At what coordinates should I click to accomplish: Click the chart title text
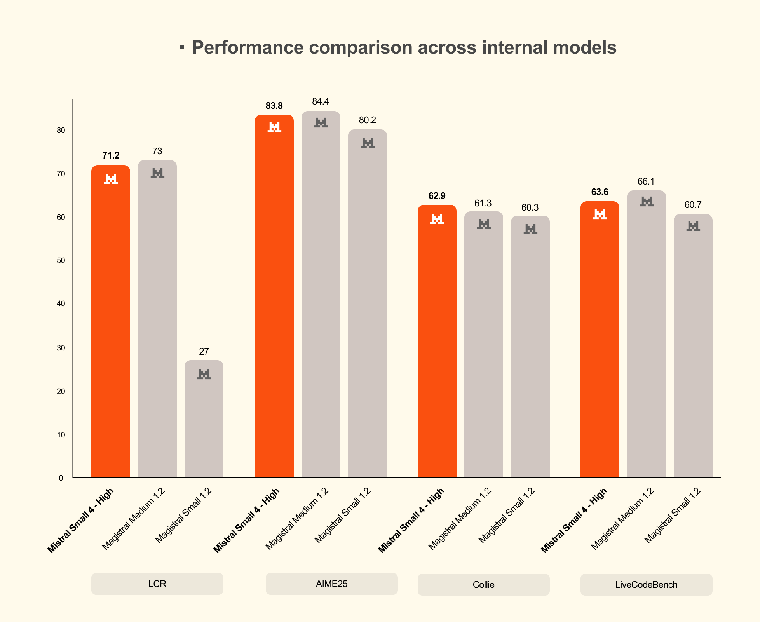pos(404,48)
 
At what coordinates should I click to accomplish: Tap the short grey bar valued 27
pos(204,423)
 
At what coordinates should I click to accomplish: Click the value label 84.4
pos(321,102)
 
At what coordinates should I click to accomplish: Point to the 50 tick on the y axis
pos(61,261)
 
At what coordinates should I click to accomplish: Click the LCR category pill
pos(157,584)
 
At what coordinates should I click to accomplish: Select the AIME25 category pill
pos(331,584)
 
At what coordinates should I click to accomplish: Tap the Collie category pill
pos(483,585)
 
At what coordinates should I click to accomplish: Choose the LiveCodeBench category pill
pos(646,585)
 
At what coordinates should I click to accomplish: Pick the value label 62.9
pos(437,196)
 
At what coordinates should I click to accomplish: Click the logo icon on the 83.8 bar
pos(274,127)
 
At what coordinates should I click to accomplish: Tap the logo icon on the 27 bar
pos(204,375)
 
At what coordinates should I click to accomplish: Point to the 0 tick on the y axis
pos(61,478)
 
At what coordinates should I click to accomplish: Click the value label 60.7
pos(693,205)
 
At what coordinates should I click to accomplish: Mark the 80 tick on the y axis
pos(61,131)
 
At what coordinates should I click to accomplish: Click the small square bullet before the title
pos(181,48)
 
